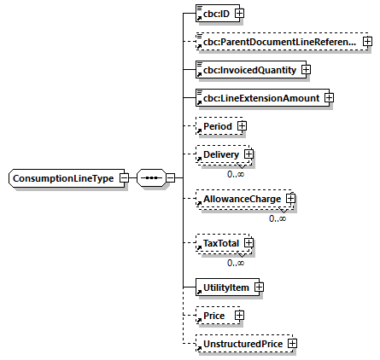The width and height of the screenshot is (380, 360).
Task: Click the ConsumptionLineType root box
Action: pos(63,178)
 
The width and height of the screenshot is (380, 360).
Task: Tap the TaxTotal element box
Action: pos(220,243)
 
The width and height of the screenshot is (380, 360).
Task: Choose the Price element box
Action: pos(214,316)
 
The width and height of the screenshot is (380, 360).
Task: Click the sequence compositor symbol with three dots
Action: pos(150,178)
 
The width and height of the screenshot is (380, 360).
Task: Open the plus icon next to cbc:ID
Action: pos(240,14)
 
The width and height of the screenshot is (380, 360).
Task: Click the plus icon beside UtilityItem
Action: pos(258,287)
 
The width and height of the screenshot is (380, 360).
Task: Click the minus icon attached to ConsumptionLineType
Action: pos(125,178)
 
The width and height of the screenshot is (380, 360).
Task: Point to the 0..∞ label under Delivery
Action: pos(236,173)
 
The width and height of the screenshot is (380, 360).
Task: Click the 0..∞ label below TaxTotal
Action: pos(236,262)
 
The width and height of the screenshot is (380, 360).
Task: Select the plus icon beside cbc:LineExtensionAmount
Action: pos(328,98)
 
